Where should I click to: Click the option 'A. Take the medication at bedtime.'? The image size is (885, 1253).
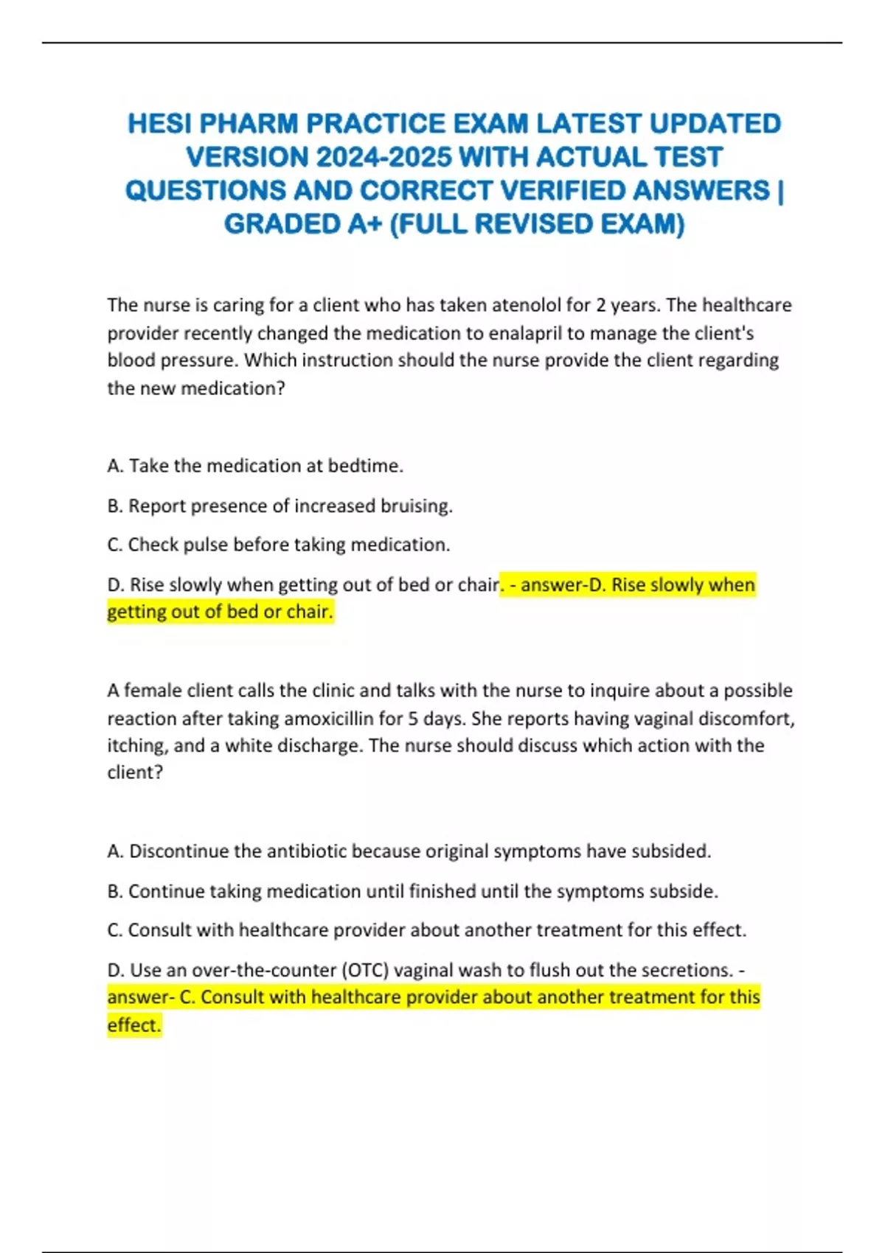click(x=255, y=466)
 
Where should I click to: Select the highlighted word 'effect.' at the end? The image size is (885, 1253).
click(x=133, y=1025)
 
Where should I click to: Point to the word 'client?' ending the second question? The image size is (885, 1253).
click(x=135, y=772)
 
